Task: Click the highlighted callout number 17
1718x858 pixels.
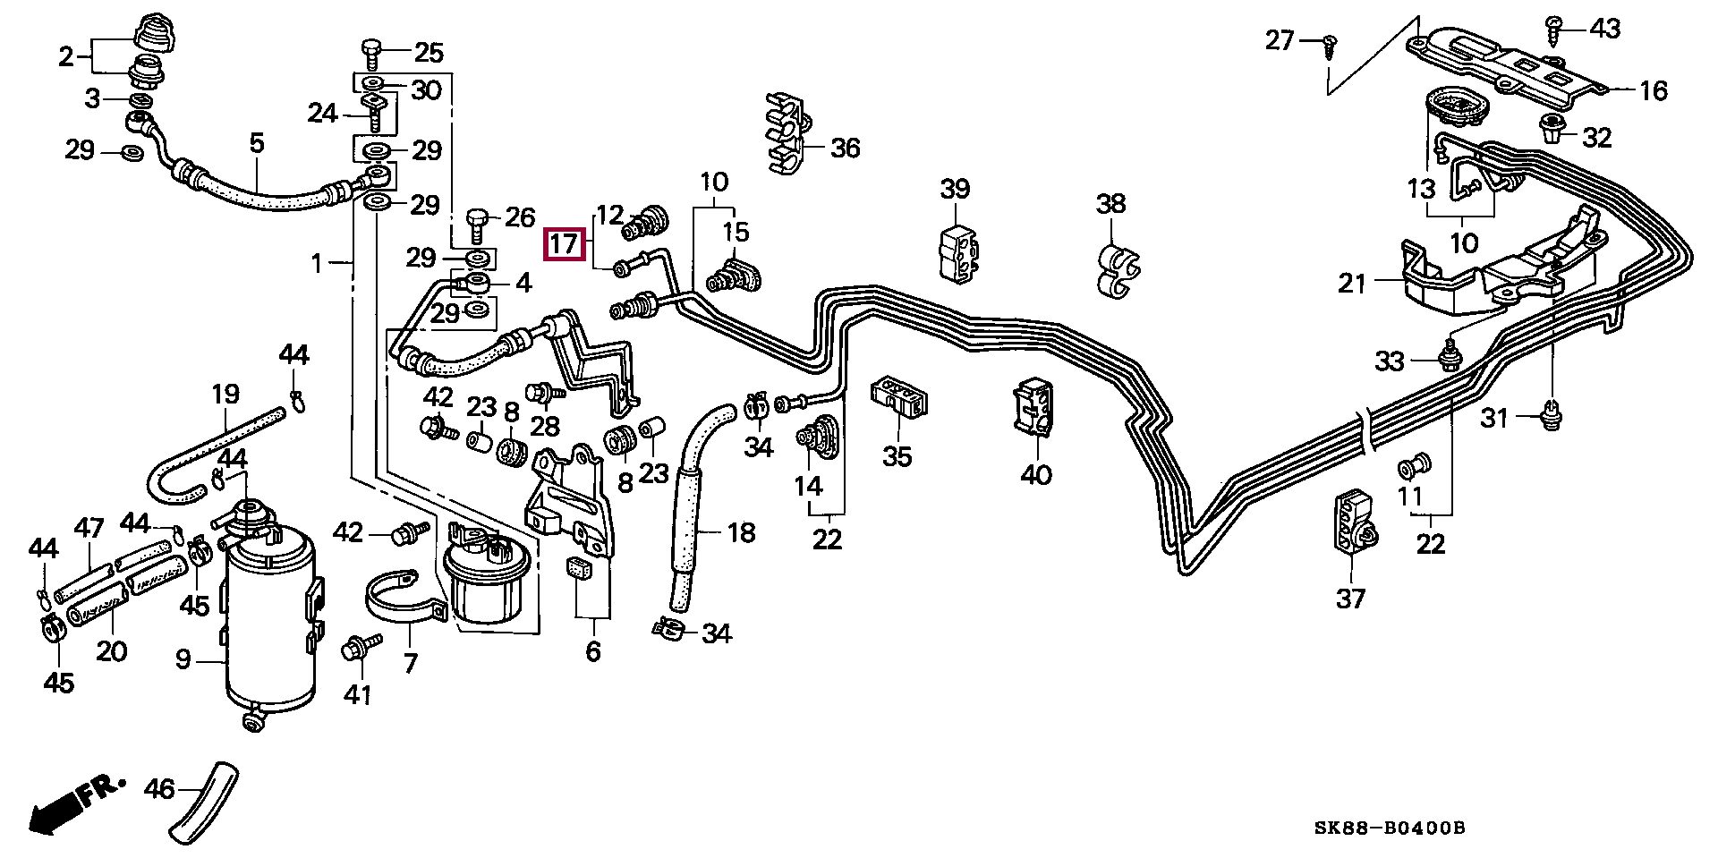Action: pyautogui.click(x=565, y=245)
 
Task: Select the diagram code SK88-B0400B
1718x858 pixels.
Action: pyautogui.click(x=1389, y=828)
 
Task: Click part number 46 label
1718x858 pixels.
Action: pyautogui.click(x=159, y=789)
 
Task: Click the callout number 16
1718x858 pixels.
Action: pyautogui.click(x=1653, y=90)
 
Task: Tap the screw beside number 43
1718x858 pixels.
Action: pyautogui.click(x=1555, y=30)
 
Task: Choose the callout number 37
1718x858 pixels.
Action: pyautogui.click(x=1350, y=597)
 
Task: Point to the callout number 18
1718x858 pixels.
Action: pyautogui.click(x=741, y=533)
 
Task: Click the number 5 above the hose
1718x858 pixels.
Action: pyautogui.click(x=257, y=142)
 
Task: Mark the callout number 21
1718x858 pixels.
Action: pyautogui.click(x=1351, y=284)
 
